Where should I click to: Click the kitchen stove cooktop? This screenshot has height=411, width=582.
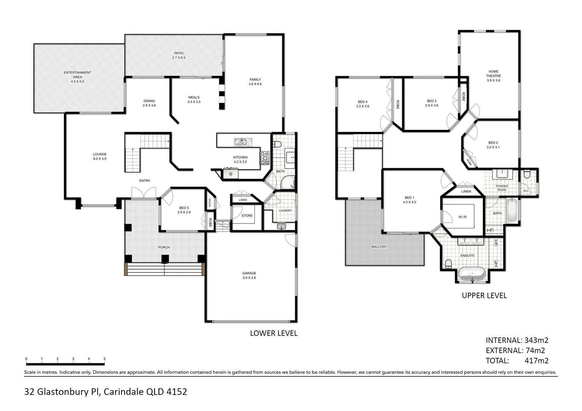point(265,158)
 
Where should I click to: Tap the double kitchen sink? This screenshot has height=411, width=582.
point(243,142)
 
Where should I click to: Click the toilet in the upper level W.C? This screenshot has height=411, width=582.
point(527,174)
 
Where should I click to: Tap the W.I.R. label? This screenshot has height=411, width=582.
point(463,217)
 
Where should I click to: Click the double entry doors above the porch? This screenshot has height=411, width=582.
point(144,193)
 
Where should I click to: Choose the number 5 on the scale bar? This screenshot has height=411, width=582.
point(104,359)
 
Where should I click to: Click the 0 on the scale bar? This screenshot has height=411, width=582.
point(26,359)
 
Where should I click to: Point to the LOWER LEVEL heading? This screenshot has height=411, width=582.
point(273,333)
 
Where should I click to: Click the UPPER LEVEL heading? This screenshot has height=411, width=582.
point(484,295)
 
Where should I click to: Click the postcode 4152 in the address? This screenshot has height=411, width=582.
point(177,392)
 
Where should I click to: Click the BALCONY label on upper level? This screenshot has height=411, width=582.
point(379,247)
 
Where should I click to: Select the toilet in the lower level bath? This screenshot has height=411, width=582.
point(277,144)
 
